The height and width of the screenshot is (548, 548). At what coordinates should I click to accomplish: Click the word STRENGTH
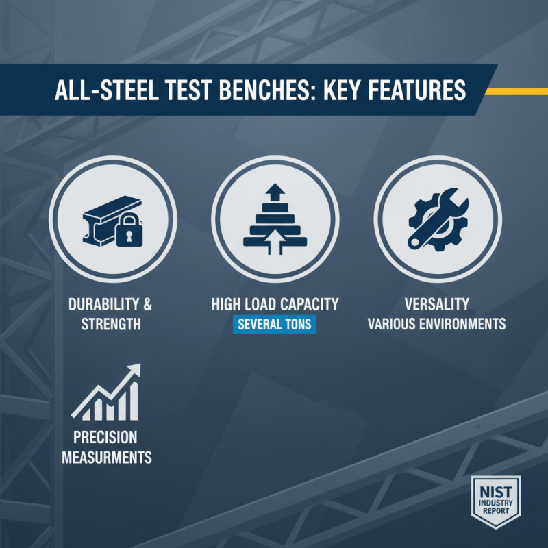111,323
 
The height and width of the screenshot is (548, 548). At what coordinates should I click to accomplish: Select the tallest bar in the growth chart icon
133,401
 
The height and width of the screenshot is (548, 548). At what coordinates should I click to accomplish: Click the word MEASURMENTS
106,456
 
